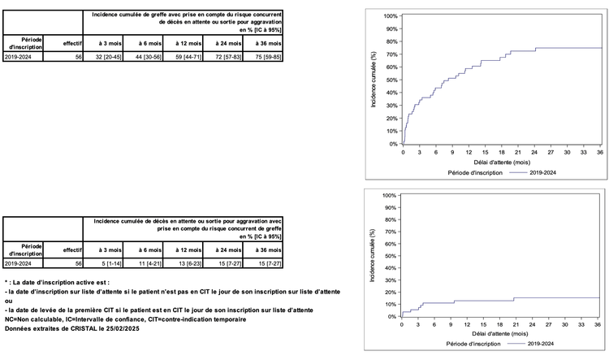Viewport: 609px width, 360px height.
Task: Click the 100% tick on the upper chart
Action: pos(390,16)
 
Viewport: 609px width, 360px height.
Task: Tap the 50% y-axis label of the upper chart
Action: pos(391,80)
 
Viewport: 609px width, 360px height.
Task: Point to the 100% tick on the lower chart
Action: pos(388,196)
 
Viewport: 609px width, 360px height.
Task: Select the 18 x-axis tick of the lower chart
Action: pos(500,327)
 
